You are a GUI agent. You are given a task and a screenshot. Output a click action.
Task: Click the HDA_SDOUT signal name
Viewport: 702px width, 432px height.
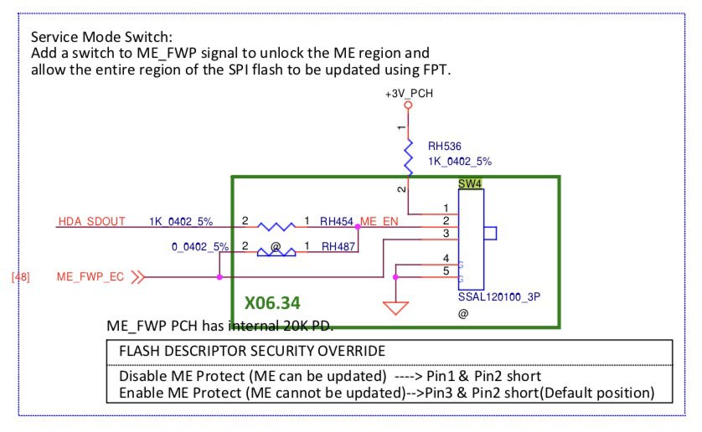click(x=92, y=222)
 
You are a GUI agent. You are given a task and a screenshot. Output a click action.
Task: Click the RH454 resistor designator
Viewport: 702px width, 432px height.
click(x=338, y=222)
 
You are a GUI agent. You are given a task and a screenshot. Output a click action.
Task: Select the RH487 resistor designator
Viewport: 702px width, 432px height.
click(x=338, y=246)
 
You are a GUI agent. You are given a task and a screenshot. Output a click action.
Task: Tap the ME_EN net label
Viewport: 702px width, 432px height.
click(x=381, y=222)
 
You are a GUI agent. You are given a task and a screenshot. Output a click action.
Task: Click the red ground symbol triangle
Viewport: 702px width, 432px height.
click(x=395, y=308)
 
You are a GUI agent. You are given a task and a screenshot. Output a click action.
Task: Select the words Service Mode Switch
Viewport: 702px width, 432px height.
click(x=101, y=38)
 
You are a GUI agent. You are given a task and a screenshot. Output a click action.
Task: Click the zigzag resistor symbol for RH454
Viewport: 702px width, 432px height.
click(x=276, y=226)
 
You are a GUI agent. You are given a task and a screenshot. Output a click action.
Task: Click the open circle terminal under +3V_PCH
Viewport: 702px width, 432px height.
click(x=409, y=106)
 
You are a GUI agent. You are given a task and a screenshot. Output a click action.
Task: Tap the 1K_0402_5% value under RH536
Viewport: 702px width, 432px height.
click(x=460, y=161)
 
